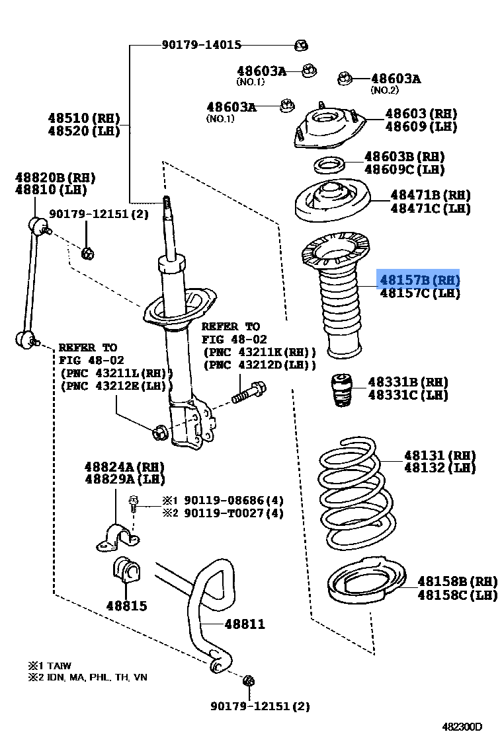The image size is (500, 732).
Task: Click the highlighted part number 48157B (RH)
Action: click(x=419, y=280)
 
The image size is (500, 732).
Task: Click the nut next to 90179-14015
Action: click(x=301, y=46)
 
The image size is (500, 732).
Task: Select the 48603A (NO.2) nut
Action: click(x=344, y=79)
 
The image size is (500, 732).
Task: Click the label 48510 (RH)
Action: click(x=83, y=118)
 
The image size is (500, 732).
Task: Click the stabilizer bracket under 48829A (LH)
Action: click(x=118, y=537)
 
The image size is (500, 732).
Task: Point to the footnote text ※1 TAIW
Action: click(x=49, y=665)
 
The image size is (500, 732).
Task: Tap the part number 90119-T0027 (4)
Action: click(x=233, y=513)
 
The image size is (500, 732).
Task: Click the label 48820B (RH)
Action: click(x=56, y=178)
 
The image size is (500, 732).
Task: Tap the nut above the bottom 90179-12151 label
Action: click(x=249, y=680)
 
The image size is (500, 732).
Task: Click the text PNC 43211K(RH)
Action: click(x=259, y=352)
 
